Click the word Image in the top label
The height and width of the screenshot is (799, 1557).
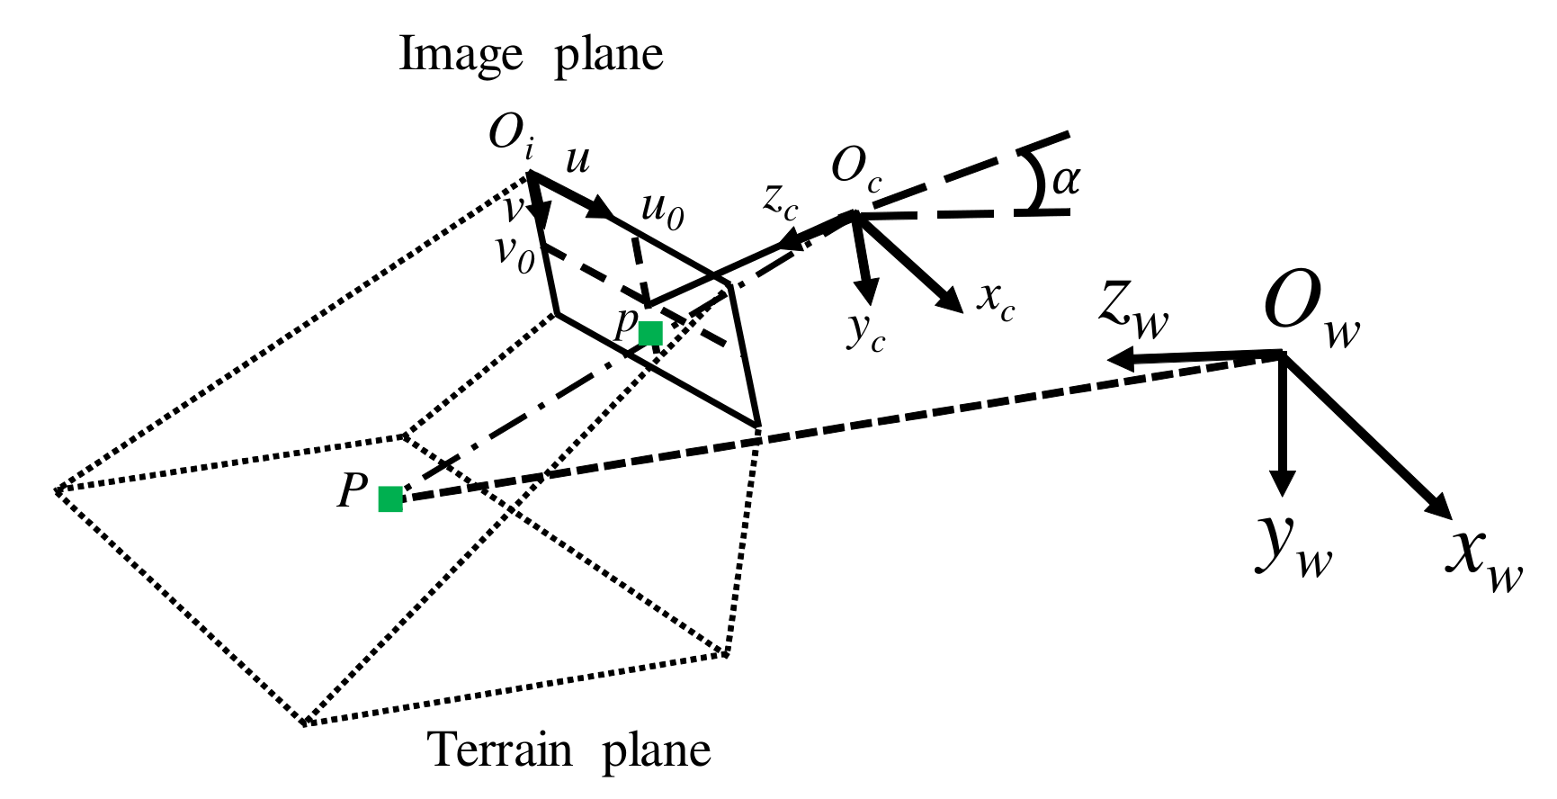460,56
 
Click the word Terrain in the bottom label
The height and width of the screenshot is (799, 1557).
499,750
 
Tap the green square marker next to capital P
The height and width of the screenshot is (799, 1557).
390,498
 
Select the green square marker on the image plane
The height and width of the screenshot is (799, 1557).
650,333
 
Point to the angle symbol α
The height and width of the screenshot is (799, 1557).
1066,180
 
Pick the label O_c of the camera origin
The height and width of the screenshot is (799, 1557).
855,170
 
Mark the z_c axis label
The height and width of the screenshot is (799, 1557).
780,202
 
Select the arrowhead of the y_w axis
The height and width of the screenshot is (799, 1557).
1282,483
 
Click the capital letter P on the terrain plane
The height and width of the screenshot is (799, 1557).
353,491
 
